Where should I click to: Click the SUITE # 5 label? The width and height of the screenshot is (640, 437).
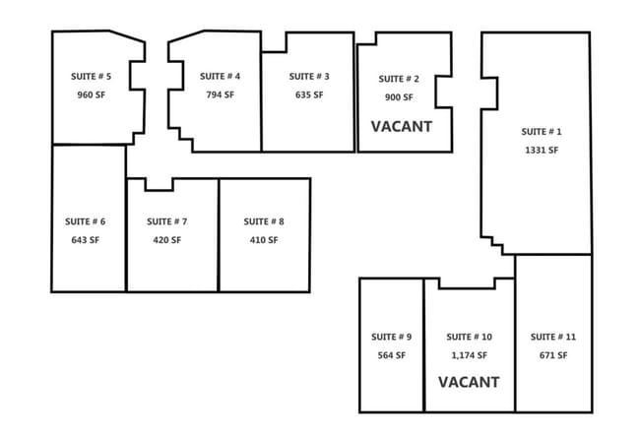coord(91,77)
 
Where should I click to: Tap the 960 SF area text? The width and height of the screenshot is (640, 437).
coord(91,94)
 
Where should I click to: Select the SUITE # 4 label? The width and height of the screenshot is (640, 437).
coord(220,77)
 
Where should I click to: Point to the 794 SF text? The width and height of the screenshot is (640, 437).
coord(220,94)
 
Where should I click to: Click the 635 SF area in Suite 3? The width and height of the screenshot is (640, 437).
coord(309,94)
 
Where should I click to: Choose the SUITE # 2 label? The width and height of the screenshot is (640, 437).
coord(399,79)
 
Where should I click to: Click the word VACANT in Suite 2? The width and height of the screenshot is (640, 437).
coord(402,127)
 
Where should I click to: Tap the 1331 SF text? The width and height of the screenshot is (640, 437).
coord(542,151)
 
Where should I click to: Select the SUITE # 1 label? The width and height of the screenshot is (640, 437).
coord(542,132)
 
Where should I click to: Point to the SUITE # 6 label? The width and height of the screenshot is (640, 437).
coord(86,221)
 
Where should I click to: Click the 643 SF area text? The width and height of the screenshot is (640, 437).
coord(86,240)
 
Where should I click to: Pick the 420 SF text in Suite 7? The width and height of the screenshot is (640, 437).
coord(167,240)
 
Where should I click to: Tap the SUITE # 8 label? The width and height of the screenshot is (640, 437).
coord(264,221)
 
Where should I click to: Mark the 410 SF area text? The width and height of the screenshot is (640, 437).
coord(264,240)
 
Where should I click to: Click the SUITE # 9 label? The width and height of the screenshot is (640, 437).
coord(392,337)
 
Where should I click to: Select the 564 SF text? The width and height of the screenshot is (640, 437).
coord(392,355)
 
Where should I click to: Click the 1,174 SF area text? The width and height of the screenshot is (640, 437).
coord(470,355)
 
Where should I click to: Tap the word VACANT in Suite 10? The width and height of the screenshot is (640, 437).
coord(469,382)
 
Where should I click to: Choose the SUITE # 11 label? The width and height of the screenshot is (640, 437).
coord(553,337)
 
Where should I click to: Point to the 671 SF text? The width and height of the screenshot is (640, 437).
coord(553,355)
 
